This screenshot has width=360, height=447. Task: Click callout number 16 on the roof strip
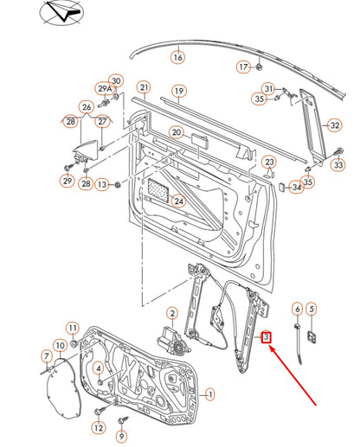(177, 58)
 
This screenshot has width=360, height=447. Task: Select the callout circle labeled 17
(243, 66)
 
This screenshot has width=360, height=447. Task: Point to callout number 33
(338, 164)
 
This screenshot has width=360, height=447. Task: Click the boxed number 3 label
(267, 338)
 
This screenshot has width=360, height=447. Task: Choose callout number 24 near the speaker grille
(179, 201)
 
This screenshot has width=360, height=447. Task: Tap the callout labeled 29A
(105, 90)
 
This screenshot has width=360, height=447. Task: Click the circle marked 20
(177, 133)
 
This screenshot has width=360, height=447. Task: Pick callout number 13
(103, 184)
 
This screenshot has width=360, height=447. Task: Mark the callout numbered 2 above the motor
(172, 313)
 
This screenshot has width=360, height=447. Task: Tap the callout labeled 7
(47, 356)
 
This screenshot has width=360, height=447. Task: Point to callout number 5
(312, 309)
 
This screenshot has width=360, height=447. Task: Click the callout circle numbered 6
(297, 309)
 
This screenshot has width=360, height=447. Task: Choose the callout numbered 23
(269, 162)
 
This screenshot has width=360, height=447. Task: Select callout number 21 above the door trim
(144, 87)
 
